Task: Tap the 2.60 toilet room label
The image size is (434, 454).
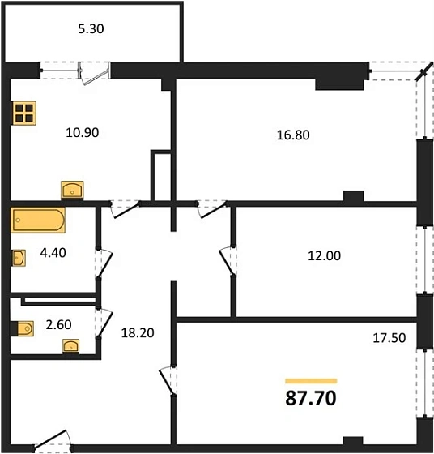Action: (x=58, y=325)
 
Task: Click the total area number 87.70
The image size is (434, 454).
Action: (x=311, y=399)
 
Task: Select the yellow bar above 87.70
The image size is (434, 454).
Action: (x=311, y=380)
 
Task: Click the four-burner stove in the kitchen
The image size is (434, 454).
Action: (x=25, y=113)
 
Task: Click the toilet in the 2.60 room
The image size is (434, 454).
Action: (x=22, y=329)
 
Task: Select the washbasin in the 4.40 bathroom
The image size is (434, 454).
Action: (x=19, y=258)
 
